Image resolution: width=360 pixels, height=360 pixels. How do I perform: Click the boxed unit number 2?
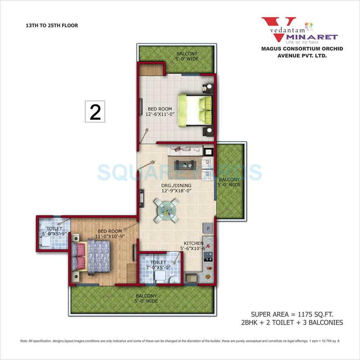95,112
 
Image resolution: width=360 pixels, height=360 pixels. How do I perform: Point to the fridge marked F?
208,228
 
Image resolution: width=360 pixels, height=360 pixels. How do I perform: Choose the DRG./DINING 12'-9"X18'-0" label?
176,189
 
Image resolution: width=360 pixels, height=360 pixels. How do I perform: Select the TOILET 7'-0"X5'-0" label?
158,265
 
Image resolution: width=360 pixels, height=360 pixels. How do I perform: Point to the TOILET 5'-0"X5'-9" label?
54,231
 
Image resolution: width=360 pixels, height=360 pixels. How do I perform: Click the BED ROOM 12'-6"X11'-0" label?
160,112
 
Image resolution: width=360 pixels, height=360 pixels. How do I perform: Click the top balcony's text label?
186,56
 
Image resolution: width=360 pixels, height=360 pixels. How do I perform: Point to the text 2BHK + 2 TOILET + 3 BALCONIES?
292,322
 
